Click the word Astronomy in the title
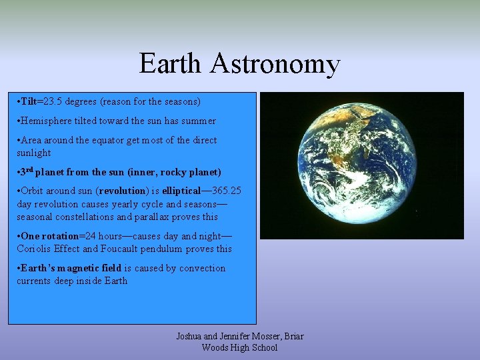[x=275, y=65]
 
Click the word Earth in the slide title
[x=170, y=64]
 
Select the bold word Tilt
[x=28, y=102]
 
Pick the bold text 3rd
[x=26, y=171]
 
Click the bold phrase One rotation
[x=49, y=236]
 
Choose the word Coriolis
[x=33, y=249]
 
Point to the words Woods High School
[x=239, y=347]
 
